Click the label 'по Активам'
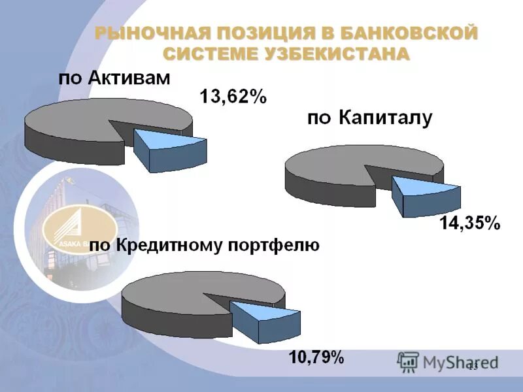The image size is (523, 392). point(114,79)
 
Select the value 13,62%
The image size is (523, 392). point(233,97)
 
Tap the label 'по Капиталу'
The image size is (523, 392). point(369,118)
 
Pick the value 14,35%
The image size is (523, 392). point(469,223)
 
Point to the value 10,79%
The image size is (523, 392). point(316,357)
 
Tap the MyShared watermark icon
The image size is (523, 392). point(408,361)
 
